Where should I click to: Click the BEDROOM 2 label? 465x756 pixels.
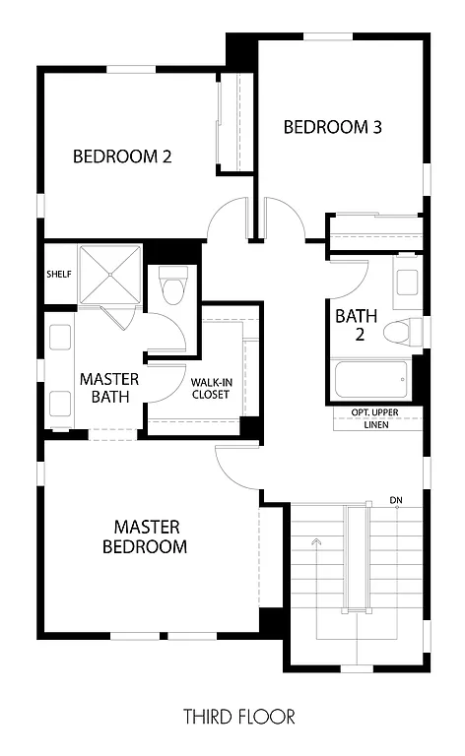point(123,156)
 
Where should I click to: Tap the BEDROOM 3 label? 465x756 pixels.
point(332,127)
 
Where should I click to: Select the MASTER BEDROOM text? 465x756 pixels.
point(144,536)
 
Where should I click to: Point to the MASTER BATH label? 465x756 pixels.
point(108,387)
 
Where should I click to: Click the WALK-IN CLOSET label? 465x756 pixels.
point(211,387)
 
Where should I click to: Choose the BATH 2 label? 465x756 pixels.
point(355,326)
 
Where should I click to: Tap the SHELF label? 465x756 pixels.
point(59,273)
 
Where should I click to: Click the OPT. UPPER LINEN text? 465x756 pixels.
point(375,418)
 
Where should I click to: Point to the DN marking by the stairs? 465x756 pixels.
point(396,500)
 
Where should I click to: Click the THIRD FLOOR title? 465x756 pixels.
point(238,717)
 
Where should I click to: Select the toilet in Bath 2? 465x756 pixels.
point(400,331)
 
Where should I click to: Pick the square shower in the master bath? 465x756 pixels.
point(109,274)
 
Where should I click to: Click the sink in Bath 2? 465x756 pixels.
point(408,278)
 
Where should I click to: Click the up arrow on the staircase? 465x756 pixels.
point(315,542)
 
